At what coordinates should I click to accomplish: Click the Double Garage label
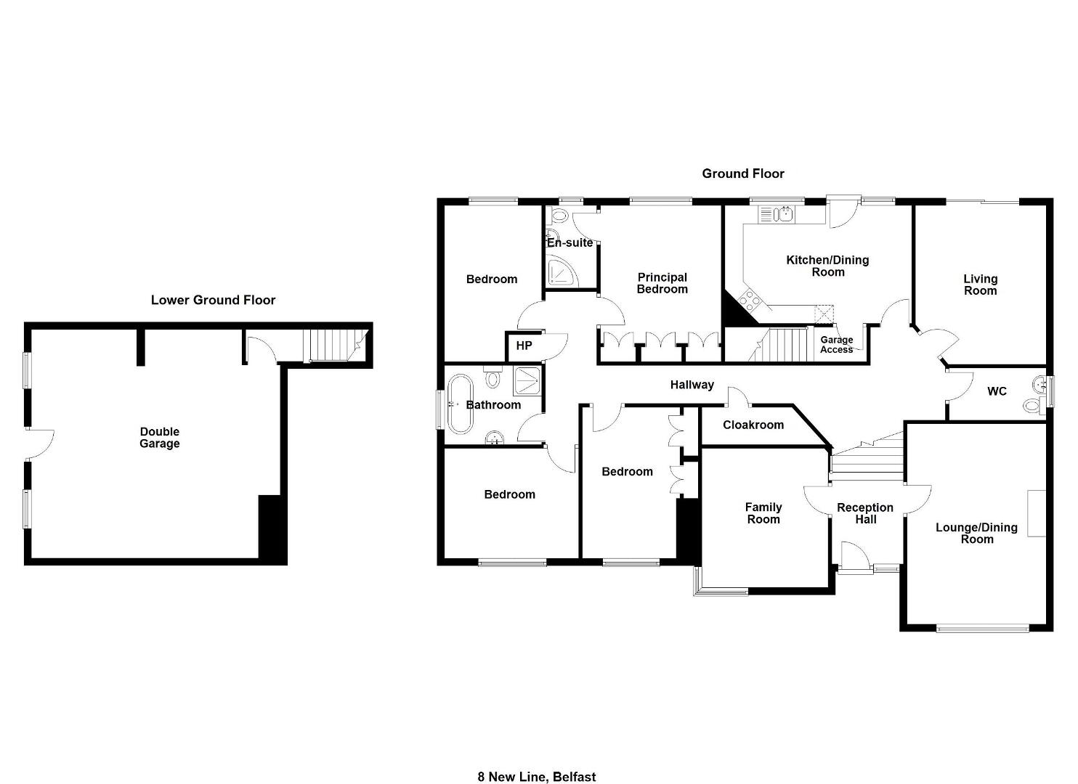click(x=160, y=438)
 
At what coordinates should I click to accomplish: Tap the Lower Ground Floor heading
click(x=213, y=300)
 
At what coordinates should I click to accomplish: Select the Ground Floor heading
click(x=743, y=173)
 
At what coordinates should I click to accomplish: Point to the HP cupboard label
click(x=524, y=346)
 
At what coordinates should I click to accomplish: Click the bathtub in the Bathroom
click(x=461, y=404)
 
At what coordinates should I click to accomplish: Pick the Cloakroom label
click(x=753, y=425)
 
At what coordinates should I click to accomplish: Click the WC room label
click(x=997, y=391)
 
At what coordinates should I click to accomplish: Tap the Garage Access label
click(x=836, y=344)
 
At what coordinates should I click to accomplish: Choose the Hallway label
click(x=692, y=385)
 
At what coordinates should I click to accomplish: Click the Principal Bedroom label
click(x=662, y=283)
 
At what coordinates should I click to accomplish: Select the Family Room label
click(x=763, y=513)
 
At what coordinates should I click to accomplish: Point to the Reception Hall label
click(x=865, y=513)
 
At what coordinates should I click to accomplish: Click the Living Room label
click(x=981, y=285)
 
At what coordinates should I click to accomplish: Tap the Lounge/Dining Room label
click(x=976, y=533)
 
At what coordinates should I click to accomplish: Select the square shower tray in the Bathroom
click(x=527, y=381)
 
